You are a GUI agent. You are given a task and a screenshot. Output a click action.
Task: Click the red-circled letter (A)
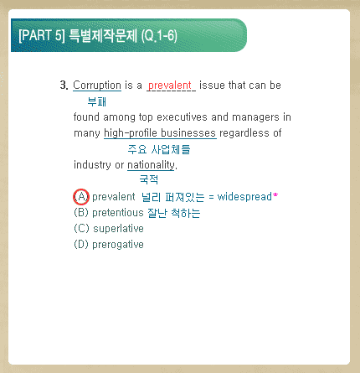(x=81, y=197)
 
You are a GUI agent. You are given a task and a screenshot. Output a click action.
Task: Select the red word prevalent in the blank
(x=170, y=85)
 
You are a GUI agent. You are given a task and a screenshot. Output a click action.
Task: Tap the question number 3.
(x=64, y=85)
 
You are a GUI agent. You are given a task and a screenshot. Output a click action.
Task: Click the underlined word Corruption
(x=97, y=85)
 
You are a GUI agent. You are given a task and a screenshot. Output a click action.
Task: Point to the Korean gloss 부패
(x=96, y=101)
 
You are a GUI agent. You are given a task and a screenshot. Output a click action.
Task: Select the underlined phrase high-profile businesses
(x=160, y=133)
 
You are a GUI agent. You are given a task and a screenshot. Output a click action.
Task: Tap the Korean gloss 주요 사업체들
(x=159, y=149)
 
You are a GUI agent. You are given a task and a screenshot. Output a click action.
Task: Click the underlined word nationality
(x=151, y=165)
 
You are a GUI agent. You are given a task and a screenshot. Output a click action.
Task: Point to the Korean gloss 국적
(x=149, y=179)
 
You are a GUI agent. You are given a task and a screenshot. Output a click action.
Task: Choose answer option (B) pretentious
(x=109, y=213)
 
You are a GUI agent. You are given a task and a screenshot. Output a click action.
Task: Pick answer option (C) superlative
(x=109, y=229)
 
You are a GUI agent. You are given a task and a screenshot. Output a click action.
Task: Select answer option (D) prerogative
(x=109, y=245)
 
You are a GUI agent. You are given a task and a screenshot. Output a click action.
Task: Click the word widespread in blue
(x=244, y=197)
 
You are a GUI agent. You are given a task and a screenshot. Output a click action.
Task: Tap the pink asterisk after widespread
(x=275, y=195)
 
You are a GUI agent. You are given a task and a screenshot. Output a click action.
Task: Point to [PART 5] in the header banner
(x=42, y=35)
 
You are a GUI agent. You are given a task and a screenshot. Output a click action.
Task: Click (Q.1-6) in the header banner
(x=159, y=36)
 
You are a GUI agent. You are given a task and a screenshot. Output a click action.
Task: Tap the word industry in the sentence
(x=92, y=165)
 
